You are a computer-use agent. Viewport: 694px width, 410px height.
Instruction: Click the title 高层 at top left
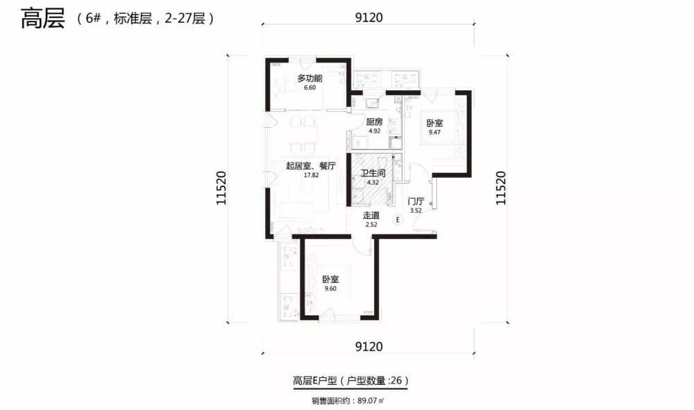pos(42,19)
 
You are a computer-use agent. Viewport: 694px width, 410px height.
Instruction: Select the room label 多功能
pos(310,79)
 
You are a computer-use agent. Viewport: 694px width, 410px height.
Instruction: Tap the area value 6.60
pos(310,88)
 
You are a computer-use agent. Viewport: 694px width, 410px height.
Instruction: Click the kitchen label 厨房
pos(375,122)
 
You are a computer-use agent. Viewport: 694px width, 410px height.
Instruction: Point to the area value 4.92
pos(375,131)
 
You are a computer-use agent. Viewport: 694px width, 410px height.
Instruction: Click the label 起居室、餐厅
pos(311,166)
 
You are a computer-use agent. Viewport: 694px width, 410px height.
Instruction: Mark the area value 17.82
pos(311,175)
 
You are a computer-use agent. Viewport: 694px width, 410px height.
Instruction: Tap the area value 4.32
pos(373,183)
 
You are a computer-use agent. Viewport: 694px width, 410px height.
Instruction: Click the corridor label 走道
pos(371,215)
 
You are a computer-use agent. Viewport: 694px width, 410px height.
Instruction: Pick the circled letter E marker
pos(398,220)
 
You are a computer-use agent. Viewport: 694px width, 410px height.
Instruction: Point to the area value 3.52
pos(416,211)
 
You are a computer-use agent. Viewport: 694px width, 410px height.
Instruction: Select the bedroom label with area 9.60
pos(330,279)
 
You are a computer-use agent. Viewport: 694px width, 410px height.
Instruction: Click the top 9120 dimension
pos(369,17)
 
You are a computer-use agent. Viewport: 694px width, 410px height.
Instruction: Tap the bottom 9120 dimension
pos(369,346)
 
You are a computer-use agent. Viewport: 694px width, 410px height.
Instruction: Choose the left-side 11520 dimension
pos(219,188)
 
